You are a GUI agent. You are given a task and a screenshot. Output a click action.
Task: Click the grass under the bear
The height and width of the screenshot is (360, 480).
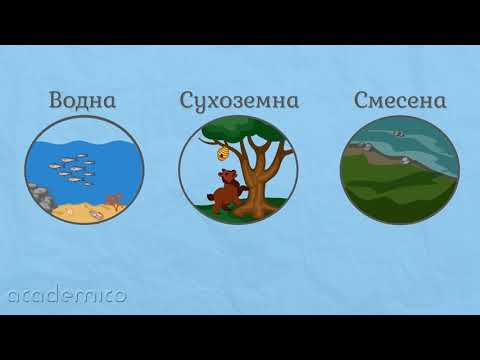click(215, 210)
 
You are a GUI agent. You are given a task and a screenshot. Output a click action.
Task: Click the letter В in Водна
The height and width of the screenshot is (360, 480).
click(58, 100)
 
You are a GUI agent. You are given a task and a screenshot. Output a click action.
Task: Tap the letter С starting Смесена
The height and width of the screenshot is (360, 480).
click(360, 100)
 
